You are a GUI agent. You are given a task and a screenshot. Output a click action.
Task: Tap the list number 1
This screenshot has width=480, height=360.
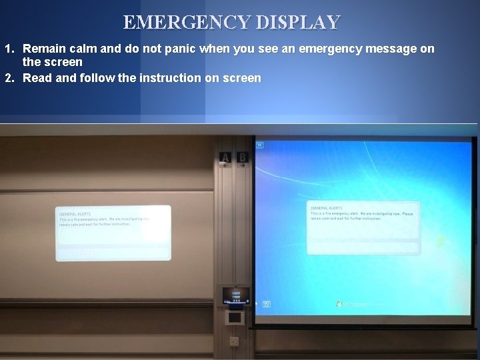pos(9,49)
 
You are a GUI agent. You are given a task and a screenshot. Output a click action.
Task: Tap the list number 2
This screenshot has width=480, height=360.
pos(9,78)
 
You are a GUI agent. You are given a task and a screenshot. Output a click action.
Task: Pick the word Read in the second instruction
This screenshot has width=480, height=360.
pos(36,78)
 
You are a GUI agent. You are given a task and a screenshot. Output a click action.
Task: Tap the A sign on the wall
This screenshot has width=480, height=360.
pos(225,158)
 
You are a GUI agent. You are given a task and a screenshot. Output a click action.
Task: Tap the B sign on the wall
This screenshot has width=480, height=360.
pos(243,158)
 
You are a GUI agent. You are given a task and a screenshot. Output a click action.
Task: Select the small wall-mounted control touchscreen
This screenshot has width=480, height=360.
pos(234,295)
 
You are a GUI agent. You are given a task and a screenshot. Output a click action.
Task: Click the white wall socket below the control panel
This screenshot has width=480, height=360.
pos(234,341)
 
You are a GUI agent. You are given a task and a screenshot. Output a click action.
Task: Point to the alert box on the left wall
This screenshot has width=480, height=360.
pos(113,232)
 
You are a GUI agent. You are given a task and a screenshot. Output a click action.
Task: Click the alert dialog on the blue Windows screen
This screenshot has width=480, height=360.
pos(363,227)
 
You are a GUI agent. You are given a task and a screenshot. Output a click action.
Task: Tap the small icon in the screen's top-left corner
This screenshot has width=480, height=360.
pos(260,143)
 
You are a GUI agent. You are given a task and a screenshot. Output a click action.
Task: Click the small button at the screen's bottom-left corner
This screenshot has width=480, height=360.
pos(267,304)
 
